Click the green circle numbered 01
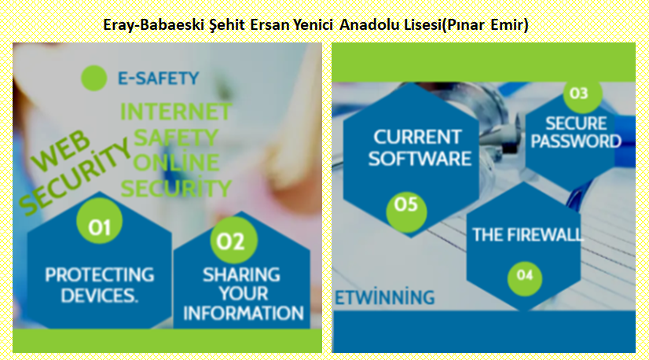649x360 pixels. pos(99,221)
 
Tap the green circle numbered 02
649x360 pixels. pos(234,241)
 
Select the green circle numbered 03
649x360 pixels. pos(582,94)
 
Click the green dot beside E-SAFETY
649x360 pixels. pos(94,79)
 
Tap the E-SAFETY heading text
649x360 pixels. pos(159,79)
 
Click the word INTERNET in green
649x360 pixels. pos(176,112)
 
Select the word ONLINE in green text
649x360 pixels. pos(176,163)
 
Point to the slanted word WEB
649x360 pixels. pos(60,150)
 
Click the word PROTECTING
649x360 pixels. pos(99,274)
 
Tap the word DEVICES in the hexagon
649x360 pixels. pos(99,296)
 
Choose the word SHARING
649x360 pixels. pos(241,274)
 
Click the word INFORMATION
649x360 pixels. pos(244,313)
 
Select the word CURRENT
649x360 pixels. pos(417,138)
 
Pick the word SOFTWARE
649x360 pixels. pos(420,159)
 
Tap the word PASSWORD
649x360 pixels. pos(576,141)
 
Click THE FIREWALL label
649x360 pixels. pos(528,235)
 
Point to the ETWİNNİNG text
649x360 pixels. pos(384,297)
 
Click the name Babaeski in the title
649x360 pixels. pos(172,25)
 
